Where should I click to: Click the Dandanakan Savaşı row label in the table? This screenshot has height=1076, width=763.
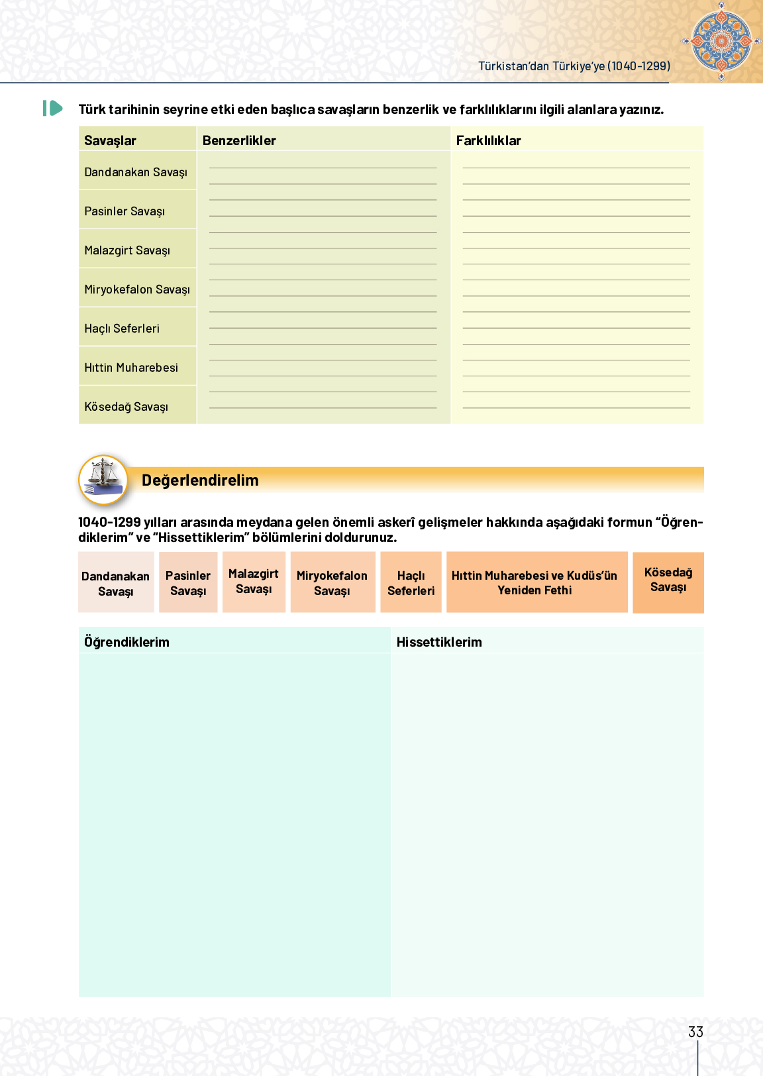coord(136,172)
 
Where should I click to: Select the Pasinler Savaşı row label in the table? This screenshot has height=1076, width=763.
coord(125,211)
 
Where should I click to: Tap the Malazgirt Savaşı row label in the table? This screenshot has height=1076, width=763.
coord(127,250)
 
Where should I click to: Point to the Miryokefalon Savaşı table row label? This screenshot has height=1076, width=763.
coord(137,290)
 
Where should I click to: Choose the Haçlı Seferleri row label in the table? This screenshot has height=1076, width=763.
coord(122,329)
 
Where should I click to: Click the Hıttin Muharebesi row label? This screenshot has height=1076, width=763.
coord(131,368)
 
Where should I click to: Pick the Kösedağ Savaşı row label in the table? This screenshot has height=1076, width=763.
coord(126,407)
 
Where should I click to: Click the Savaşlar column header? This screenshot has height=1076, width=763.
coord(110,140)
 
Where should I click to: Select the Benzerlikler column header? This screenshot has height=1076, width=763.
coord(239,140)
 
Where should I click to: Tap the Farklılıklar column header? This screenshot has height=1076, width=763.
coord(488,140)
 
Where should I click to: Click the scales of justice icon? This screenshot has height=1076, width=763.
coord(103,478)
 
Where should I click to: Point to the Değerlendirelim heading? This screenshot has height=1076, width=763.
coord(200,480)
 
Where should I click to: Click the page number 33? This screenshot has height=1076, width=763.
coord(695,1032)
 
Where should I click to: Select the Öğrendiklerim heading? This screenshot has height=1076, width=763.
coord(127,642)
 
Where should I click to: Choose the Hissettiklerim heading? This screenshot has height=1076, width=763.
coord(439,642)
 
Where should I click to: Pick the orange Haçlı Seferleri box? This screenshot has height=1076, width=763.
coord(411,582)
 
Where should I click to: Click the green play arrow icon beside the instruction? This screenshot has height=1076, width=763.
coord(53,108)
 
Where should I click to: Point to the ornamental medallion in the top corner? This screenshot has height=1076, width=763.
coord(721,41)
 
